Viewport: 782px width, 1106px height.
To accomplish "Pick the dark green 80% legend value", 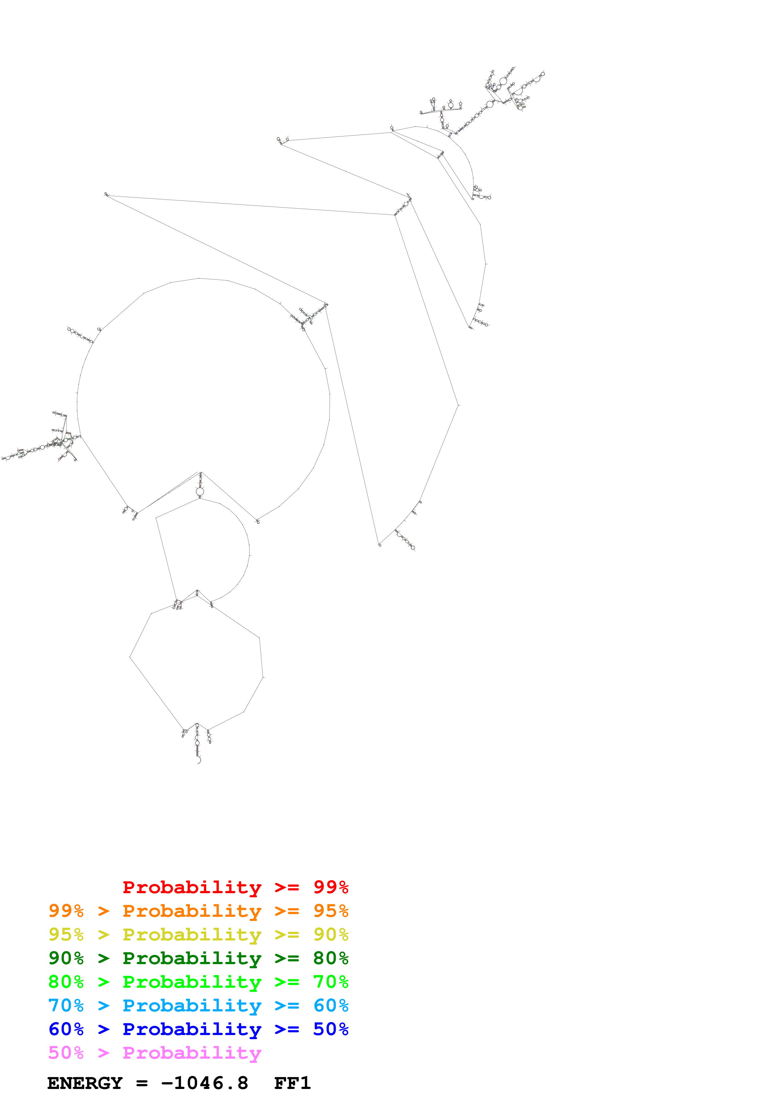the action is click(331, 958).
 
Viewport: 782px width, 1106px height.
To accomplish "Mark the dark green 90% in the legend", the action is click(66, 958).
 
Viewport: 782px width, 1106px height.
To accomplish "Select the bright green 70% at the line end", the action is click(331, 982).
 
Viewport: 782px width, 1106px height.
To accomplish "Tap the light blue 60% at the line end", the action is click(331, 1005).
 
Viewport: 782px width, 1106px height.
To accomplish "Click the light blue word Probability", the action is click(192, 1005).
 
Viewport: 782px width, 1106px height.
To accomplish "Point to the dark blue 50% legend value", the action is click(331, 1029).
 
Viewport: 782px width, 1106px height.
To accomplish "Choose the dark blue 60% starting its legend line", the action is click(66, 1029).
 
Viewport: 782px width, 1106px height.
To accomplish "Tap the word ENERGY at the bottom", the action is click(85, 1083).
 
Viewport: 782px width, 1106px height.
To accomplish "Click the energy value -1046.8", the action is click(205, 1083).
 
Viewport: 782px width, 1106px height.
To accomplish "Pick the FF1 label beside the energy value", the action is click(292, 1083).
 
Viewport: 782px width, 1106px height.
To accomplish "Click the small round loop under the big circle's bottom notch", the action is click(200, 491).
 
